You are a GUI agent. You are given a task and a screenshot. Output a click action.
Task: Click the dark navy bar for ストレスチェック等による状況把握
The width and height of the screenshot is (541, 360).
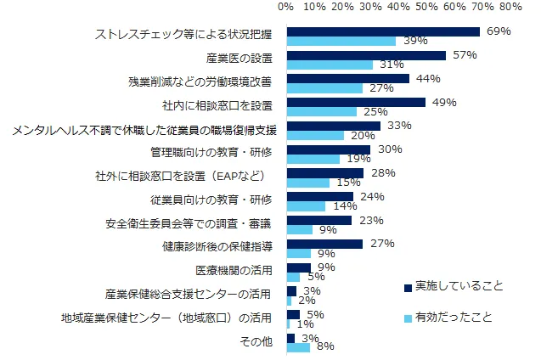(x=383, y=31)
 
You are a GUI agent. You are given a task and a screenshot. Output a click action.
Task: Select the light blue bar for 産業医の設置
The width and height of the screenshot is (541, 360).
(x=330, y=65)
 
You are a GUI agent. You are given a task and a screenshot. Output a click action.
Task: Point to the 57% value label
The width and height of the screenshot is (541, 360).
(x=462, y=55)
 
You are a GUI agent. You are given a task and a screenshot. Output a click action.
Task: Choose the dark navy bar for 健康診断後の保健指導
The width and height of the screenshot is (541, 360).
(x=324, y=244)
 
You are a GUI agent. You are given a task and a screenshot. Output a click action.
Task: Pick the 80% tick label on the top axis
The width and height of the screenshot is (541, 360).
(x=511, y=8)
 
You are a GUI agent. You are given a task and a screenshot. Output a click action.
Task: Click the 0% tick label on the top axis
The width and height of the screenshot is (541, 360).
(x=286, y=8)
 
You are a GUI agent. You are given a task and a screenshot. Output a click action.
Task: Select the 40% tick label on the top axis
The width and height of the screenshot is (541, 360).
(x=398, y=8)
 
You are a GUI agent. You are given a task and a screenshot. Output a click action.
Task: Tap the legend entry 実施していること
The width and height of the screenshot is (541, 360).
(x=452, y=287)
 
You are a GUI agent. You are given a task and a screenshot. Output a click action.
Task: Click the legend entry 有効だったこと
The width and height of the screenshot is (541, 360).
(x=452, y=317)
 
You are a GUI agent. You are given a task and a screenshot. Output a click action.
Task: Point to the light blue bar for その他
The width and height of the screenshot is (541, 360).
(x=298, y=346)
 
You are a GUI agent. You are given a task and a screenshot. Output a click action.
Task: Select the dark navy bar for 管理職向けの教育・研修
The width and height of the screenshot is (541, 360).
(x=329, y=149)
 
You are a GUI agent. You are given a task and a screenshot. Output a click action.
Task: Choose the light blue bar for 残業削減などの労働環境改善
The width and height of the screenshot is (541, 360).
(x=324, y=88)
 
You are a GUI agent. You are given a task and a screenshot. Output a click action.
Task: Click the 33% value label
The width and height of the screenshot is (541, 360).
(x=398, y=126)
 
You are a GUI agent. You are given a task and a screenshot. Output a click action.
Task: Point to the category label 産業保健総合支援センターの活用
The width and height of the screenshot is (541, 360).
(x=188, y=295)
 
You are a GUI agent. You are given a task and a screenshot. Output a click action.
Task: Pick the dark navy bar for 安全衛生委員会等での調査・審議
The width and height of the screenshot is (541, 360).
(x=319, y=220)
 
